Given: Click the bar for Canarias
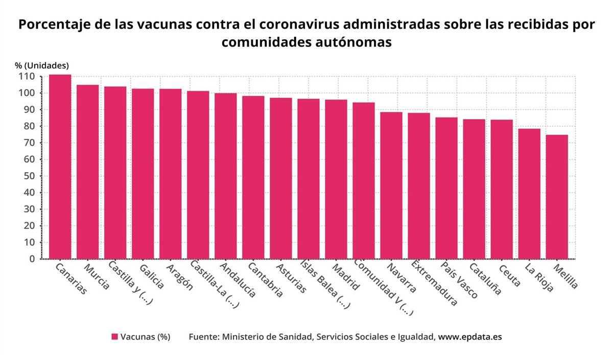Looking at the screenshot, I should point(60,167).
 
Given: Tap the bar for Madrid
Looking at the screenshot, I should point(336,179).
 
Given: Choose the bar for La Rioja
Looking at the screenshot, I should point(529,194).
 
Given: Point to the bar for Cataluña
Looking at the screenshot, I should point(474,189).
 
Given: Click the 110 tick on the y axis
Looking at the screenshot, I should point(28,77).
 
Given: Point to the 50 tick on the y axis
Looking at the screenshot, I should point(30,176).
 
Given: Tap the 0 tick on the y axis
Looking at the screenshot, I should point(32,259).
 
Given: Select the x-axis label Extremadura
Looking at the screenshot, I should point(434,284).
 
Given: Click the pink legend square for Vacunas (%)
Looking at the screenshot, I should point(115,337).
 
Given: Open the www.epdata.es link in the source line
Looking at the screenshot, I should point(470,337).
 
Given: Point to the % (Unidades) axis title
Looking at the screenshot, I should point(41,65).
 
